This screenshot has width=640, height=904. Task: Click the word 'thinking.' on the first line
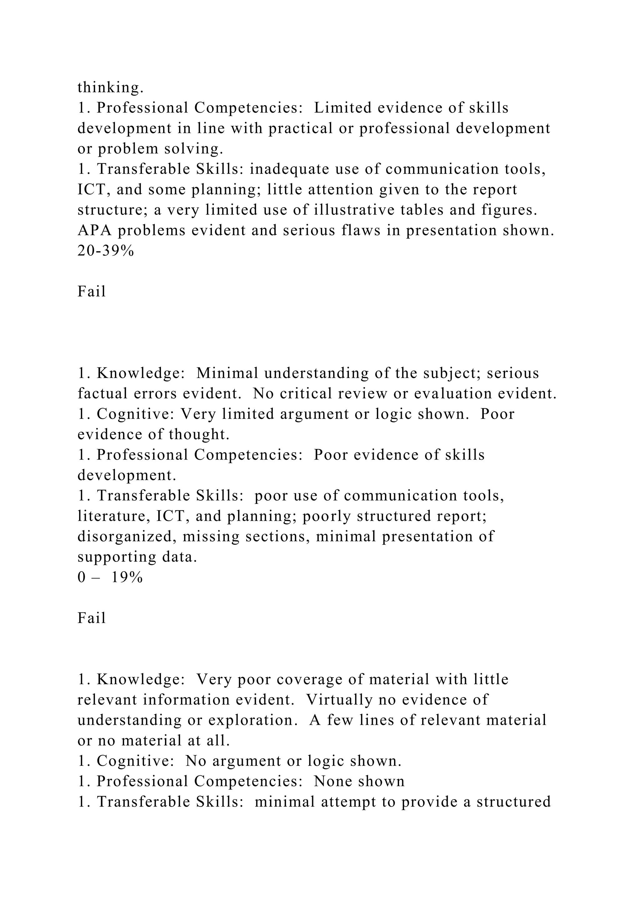pyautogui.click(x=110, y=88)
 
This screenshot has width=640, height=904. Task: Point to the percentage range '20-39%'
pyautogui.click(x=106, y=251)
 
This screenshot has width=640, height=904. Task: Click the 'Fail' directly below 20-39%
pyautogui.click(x=92, y=292)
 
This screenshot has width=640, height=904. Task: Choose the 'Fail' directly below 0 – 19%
pyautogui.click(x=92, y=618)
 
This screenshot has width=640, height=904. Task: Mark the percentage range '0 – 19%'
pyautogui.click(x=110, y=577)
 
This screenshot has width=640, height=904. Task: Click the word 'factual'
pyautogui.click(x=103, y=393)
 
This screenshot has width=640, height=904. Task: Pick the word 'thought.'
pyautogui.click(x=199, y=434)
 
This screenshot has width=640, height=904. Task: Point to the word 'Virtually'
pyautogui.click(x=339, y=700)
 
